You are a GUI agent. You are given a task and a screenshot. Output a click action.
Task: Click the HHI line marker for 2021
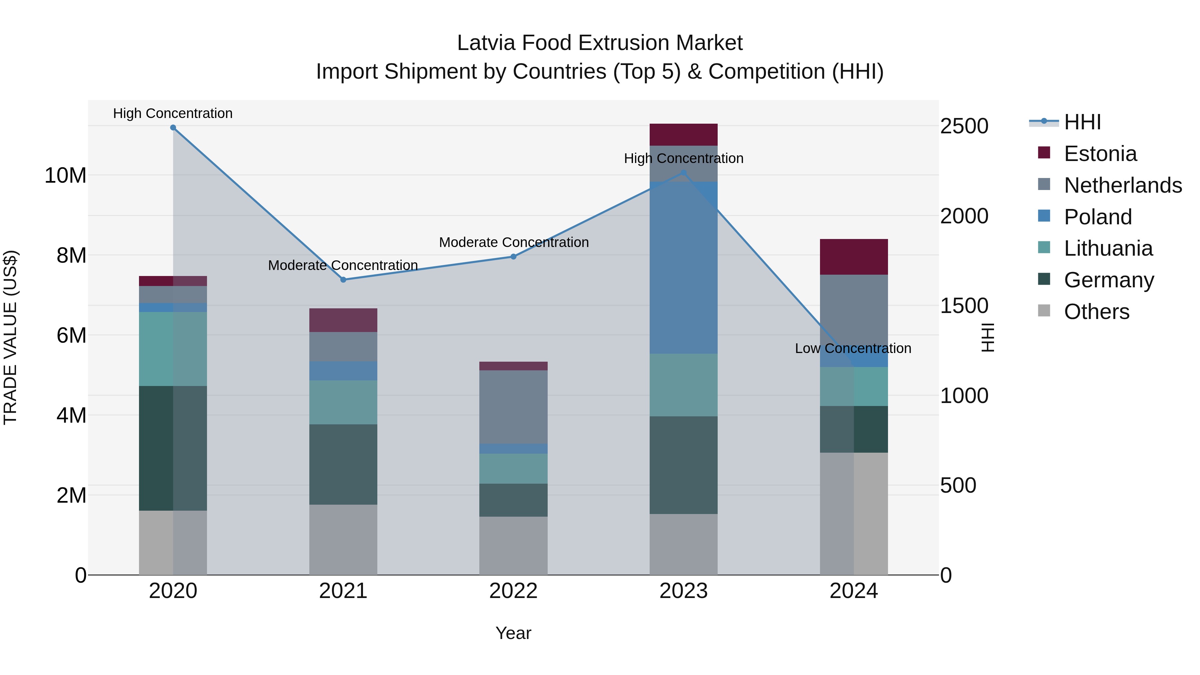343,280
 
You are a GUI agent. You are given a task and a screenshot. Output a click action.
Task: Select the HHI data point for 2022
513,257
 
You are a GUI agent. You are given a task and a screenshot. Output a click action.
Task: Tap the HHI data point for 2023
683,173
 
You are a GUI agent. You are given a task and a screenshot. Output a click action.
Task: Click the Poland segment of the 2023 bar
683,268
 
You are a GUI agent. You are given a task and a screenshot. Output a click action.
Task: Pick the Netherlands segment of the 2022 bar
513,407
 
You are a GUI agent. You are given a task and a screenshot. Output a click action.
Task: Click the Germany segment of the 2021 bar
343,464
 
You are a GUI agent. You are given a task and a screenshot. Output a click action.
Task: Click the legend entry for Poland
1098,217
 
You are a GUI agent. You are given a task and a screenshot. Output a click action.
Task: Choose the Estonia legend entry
1100,154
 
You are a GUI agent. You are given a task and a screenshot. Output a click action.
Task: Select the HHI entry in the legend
1082,122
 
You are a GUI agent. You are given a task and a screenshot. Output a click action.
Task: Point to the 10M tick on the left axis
65,176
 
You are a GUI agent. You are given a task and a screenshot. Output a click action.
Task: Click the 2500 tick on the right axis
964,126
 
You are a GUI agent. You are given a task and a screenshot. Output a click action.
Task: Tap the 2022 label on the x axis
513,591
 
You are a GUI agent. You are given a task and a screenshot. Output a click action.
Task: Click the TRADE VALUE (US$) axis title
10,337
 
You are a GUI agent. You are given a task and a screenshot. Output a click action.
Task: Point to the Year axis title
513,633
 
